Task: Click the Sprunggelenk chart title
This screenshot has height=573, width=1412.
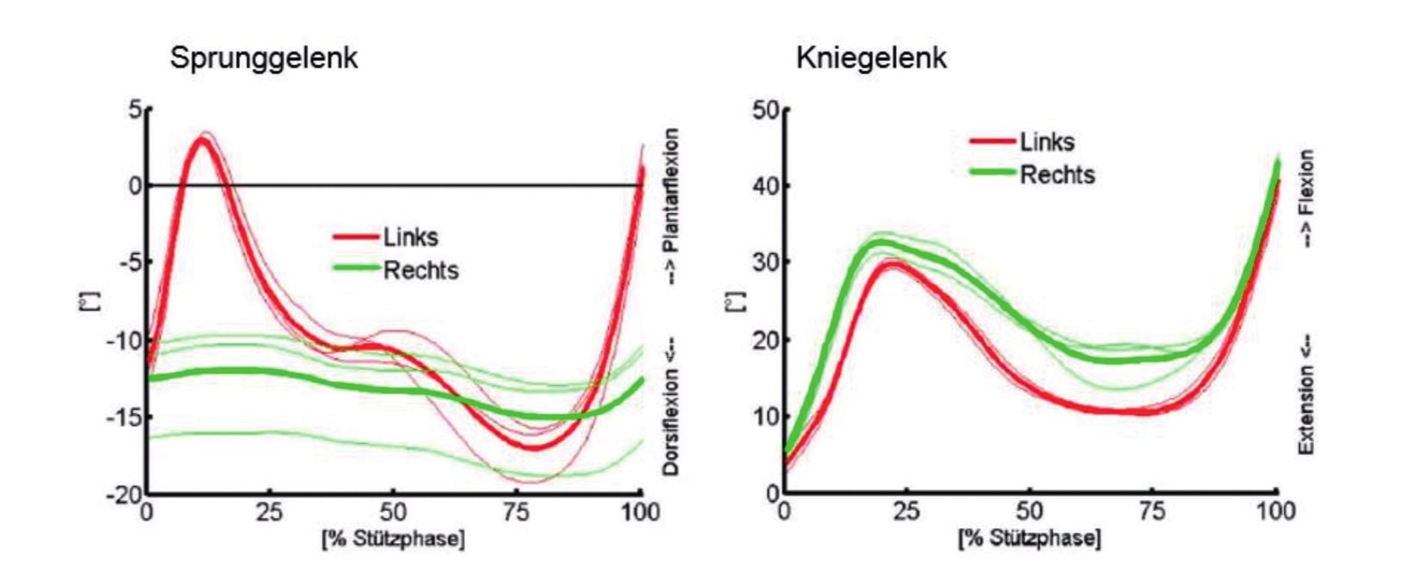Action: (263, 59)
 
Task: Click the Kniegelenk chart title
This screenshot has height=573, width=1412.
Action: (871, 59)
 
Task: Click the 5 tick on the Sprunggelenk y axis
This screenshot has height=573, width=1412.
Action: (134, 110)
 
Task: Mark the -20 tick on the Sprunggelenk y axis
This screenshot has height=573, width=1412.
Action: (125, 495)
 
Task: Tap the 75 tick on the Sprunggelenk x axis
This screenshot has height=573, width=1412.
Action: (516, 513)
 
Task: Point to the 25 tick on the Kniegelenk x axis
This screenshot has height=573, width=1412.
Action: (906, 513)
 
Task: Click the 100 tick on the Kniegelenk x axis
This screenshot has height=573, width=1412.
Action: (1275, 513)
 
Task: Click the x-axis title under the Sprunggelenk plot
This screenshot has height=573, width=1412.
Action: (393, 539)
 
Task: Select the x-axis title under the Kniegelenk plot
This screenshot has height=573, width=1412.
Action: (1029, 539)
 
